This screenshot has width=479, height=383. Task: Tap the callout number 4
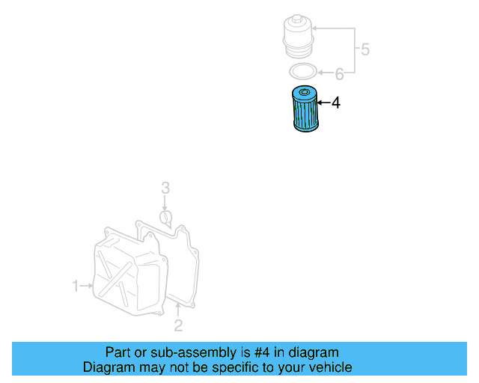336,103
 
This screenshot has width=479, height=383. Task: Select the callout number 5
364,50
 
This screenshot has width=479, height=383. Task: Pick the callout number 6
339,73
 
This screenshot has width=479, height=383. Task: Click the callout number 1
76,285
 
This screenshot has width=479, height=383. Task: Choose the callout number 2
178,325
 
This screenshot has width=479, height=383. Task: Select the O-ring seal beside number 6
302,72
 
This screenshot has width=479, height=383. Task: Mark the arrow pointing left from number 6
323,73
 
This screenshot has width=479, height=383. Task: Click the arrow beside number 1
86,285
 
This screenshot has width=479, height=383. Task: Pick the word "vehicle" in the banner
329,367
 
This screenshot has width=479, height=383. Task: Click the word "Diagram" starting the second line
107,367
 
